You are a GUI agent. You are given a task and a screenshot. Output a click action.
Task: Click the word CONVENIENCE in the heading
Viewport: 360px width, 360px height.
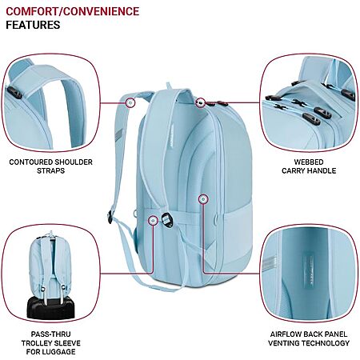click(x=102, y=11)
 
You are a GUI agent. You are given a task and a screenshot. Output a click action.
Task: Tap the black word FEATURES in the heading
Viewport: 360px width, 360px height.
click(x=33, y=25)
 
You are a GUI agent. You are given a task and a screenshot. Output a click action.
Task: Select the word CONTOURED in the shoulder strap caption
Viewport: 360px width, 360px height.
click(x=29, y=162)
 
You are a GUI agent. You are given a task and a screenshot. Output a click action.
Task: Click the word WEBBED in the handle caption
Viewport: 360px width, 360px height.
click(x=309, y=162)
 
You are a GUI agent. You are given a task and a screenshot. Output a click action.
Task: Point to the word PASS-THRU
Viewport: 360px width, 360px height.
click(x=50, y=334)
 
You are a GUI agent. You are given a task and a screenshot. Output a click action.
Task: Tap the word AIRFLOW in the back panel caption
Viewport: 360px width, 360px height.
click(x=286, y=334)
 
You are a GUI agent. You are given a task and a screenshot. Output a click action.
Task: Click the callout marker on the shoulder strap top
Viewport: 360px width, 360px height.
click(x=130, y=102)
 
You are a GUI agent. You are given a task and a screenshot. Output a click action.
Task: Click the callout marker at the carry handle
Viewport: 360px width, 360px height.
click(x=201, y=102)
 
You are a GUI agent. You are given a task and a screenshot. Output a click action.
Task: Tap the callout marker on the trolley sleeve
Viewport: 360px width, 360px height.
click(x=153, y=220)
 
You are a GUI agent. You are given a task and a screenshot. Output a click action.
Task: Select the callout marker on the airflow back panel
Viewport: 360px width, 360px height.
click(x=203, y=198)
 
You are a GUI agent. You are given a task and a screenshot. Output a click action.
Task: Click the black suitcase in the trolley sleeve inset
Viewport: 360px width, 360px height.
click(x=50, y=307)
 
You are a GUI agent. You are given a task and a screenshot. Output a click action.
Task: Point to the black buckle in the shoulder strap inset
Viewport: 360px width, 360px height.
click(x=14, y=93)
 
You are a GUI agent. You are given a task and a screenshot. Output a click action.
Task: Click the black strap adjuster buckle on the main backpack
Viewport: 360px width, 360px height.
click(x=167, y=220)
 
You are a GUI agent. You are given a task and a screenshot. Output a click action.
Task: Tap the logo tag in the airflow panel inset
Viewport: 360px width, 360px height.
click(x=310, y=270)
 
